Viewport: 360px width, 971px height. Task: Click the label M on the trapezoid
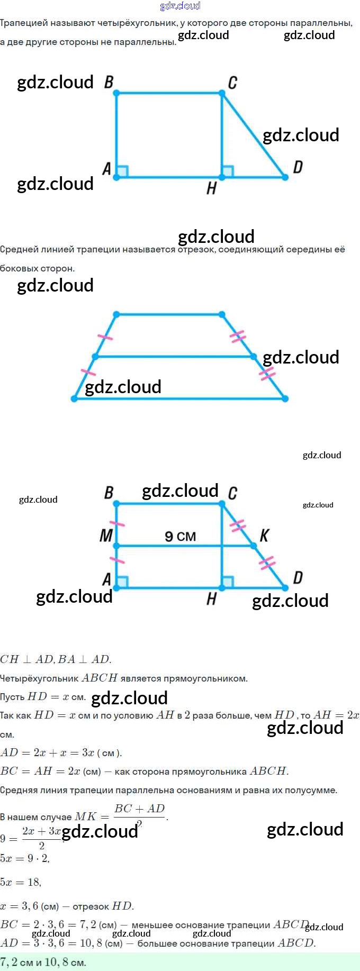106,536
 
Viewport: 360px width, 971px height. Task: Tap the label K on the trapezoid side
264,536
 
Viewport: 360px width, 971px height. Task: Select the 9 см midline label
180,537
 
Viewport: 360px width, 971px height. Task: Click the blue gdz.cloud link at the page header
180,6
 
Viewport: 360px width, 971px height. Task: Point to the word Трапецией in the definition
24,23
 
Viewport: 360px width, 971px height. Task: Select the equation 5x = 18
21,882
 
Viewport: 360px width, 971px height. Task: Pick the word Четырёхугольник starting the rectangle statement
40,678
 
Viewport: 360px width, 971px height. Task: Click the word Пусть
12,697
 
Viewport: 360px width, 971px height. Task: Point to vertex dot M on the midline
116,546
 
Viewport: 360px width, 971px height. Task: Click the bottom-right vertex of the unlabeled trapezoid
285,398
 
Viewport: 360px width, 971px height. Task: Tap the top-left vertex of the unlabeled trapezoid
116,315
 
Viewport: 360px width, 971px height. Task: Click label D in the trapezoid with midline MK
298,577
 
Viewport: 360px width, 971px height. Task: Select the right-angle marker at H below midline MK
228,582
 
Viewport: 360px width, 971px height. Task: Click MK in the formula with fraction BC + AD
86,817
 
